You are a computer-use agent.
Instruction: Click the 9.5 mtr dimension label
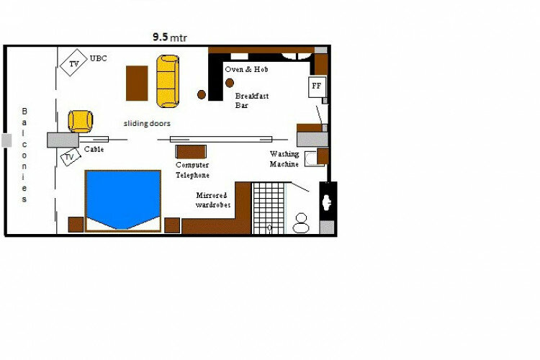(170, 37)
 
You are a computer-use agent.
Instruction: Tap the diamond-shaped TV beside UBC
(73, 63)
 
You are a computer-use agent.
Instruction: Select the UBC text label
(98, 58)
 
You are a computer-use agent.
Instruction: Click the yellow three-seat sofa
(168, 81)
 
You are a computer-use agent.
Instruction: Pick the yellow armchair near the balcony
(81, 121)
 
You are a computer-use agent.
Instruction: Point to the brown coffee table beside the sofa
(137, 84)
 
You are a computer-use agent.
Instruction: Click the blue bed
(123, 199)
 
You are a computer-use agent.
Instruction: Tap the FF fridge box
(317, 86)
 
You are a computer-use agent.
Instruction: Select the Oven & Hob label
(246, 69)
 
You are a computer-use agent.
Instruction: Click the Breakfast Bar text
(252, 101)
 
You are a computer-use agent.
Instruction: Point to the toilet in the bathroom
(301, 223)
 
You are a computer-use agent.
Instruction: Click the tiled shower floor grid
(269, 208)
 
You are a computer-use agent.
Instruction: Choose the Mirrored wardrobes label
(213, 200)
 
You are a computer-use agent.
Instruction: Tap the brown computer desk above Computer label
(191, 152)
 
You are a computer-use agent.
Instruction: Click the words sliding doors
(147, 123)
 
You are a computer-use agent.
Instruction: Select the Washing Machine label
(284, 159)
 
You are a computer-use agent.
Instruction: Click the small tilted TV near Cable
(71, 157)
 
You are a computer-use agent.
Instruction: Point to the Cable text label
(94, 149)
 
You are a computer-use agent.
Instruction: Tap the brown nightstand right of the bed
(172, 225)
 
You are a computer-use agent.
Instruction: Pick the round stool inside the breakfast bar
(230, 83)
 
